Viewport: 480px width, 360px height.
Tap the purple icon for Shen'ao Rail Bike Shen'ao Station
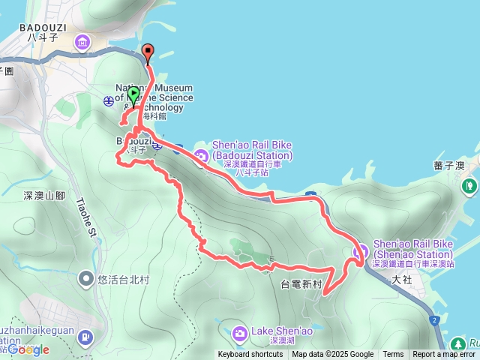click(359, 251)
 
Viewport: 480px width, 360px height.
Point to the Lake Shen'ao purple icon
click(239, 332)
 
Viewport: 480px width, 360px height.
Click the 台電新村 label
click(301, 284)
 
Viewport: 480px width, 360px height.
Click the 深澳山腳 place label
click(44, 196)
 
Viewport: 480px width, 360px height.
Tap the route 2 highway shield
click(434, 320)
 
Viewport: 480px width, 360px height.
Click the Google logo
click(28, 349)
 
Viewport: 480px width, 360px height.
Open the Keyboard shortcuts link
click(250, 355)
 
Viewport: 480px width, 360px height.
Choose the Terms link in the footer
click(393, 355)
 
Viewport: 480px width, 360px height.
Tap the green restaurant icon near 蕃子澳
click(470, 184)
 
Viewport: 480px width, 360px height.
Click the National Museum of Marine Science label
click(154, 97)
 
